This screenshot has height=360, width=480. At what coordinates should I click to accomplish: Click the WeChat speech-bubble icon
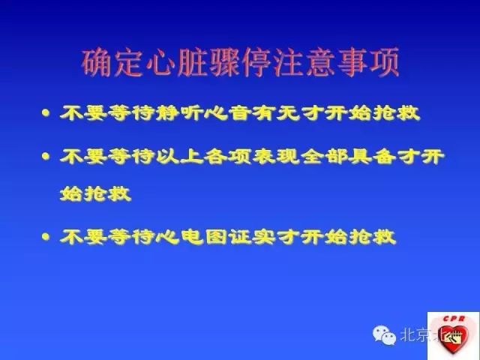point(387,334)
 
